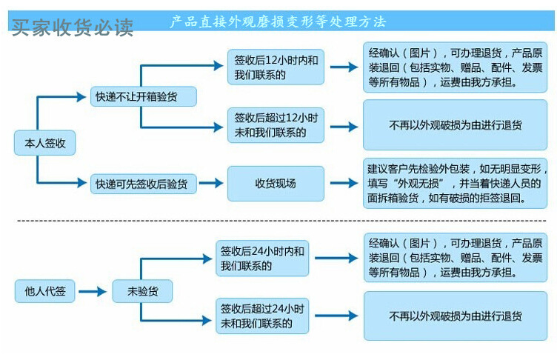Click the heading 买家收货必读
tap(73, 27)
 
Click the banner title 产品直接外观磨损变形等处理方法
tap(278, 21)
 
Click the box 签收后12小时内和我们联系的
tap(276, 67)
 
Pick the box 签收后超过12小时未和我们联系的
tap(276, 125)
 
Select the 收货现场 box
tap(276, 183)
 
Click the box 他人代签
tap(45, 291)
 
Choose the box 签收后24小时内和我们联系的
tap(261, 259)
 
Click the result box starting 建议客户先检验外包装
tap(455, 182)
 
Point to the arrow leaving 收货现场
tap(344, 182)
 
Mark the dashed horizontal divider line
tap(278, 221)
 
